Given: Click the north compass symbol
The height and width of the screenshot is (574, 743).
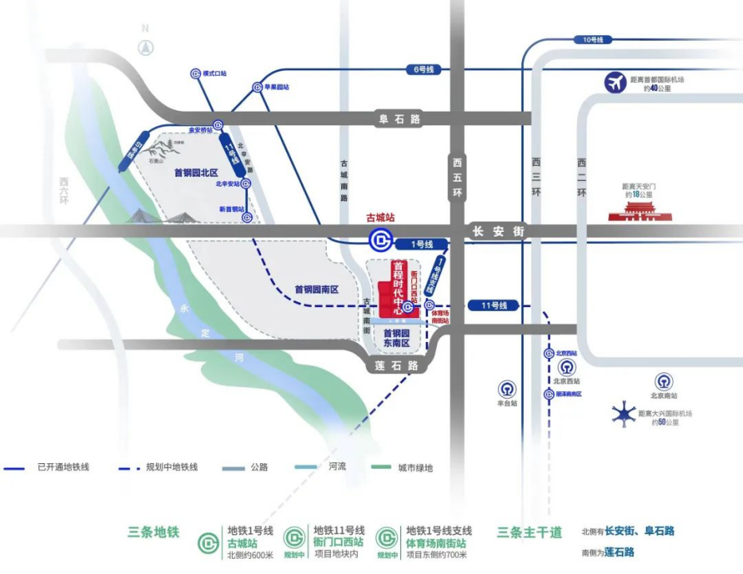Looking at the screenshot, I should click(145, 47).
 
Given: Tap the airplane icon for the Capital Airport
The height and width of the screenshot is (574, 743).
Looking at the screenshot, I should click(615, 83).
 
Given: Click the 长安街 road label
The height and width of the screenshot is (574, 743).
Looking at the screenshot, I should click(498, 231).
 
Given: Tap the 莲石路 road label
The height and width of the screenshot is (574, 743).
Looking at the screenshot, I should click(396, 365).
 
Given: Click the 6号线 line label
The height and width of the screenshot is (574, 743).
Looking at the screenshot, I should click(423, 70).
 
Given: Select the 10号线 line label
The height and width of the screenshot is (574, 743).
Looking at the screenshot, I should click(593, 39).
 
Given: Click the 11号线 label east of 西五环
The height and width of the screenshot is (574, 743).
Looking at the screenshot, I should click(493, 305).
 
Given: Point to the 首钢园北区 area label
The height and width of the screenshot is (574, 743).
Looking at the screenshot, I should click(195, 172).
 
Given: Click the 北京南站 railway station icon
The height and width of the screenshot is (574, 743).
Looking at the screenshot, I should click(663, 381).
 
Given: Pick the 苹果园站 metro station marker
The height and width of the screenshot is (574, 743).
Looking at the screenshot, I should click(257, 87).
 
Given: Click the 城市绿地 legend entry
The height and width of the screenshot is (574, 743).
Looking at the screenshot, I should click(403, 467).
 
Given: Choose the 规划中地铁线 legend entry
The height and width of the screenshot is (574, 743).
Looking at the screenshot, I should click(156, 467).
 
